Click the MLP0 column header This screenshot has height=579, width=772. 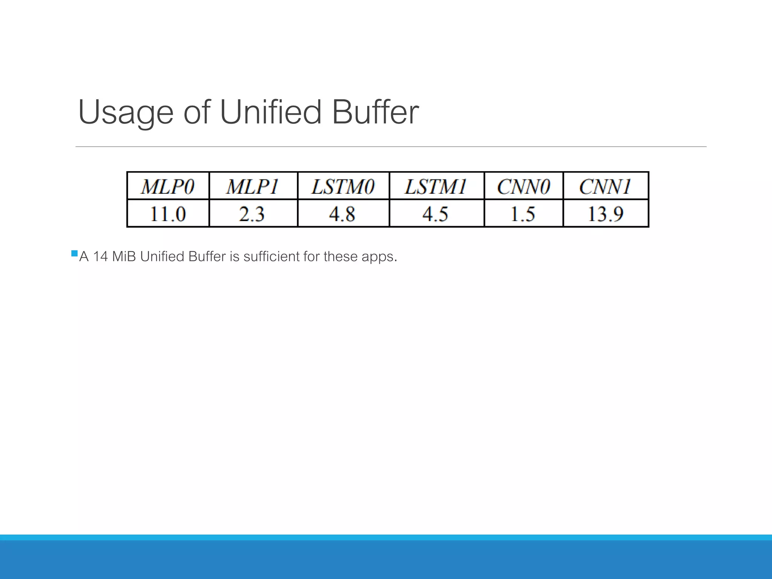(x=168, y=187)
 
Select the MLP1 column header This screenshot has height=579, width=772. (x=253, y=187)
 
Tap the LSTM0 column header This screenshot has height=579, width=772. (x=343, y=187)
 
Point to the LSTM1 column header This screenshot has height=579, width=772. (x=436, y=187)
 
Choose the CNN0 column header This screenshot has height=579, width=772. (x=524, y=187)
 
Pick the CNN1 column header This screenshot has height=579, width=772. (x=605, y=187)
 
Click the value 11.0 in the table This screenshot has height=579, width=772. (x=168, y=214)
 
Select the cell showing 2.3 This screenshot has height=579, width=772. (x=252, y=214)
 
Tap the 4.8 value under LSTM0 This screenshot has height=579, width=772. (x=342, y=214)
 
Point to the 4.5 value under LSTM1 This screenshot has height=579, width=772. (x=435, y=214)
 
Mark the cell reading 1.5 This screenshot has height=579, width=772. (x=523, y=214)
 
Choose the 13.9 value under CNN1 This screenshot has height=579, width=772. (x=606, y=214)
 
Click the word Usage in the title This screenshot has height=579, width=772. (x=126, y=112)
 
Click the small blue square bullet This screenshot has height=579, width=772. (x=74, y=253)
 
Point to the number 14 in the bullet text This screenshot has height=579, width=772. (x=100, y=257)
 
